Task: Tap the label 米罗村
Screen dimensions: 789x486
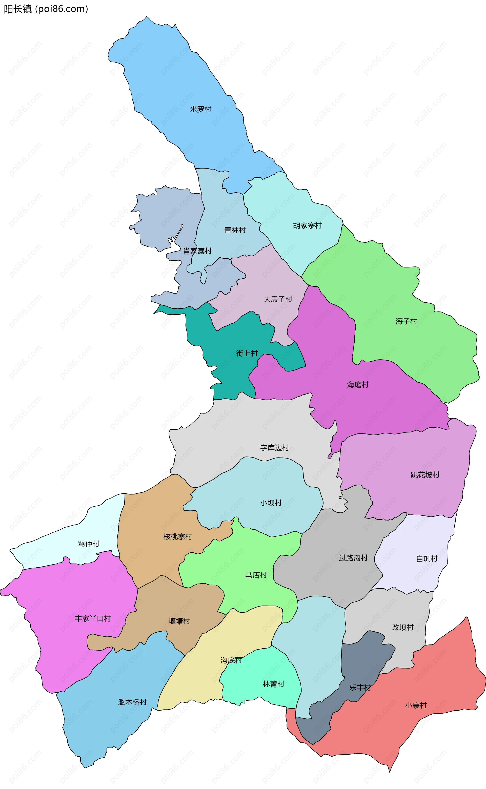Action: [x=200, y=109]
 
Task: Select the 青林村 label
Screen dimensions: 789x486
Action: [x=235, y=230]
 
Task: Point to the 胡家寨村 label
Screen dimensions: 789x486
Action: [x=307, y=225]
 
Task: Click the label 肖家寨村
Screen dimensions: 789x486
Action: [x=197, y=251]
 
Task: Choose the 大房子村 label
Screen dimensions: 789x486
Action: [x=278, y=299]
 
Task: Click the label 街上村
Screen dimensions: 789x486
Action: [x=247, y=353]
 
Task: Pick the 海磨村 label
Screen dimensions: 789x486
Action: [x=358, y=385]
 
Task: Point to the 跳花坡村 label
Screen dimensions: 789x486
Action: [x=425, y=475]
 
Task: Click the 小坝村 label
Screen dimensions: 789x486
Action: [x=271, y=503]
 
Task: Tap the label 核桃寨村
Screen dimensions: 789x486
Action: [x=178, y=536]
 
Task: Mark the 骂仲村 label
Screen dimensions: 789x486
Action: [x=89, y=544]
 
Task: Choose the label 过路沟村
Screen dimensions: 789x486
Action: [x=353, y=558]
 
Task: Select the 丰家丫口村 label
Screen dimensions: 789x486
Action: [x=93, y=619]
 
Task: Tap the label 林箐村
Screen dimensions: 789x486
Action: [x=274, y=684]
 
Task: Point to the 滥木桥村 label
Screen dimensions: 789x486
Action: [x=132, y=702]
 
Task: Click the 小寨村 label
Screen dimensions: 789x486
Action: [x=416, y=705]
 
